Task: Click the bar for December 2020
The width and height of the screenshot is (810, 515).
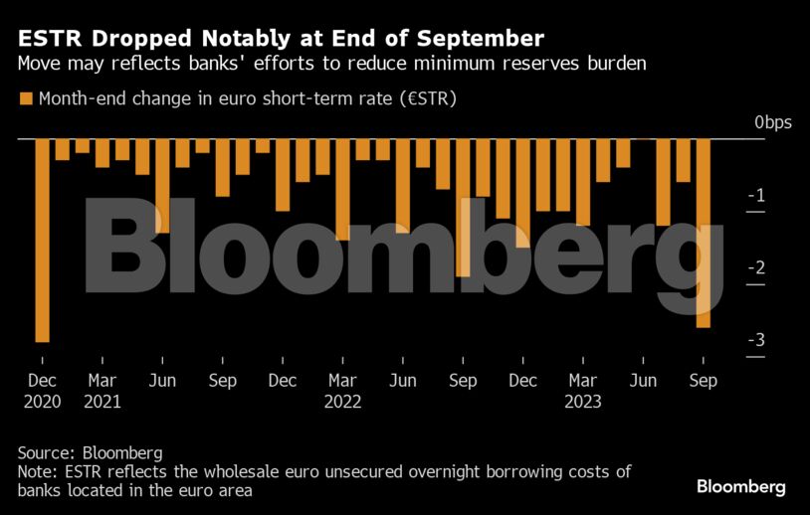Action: pyautogui.click(x=42, y=240)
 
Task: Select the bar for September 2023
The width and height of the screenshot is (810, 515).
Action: pyautogui.click(x=704, y=233)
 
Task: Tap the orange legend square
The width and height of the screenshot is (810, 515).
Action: pyautogui.click(x=25, y=98)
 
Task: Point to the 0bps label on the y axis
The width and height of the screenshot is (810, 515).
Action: pyautogui.click(x=772, y=122)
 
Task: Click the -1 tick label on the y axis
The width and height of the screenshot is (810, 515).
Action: pyautogui.click(x=756, y=195)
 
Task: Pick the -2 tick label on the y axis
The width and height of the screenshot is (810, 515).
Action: pyautogui.click(x=756, y=267)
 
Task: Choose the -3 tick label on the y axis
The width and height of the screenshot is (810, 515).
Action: pyautogui.click(x=756, y=340)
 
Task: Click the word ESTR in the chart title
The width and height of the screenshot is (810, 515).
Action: pyautogui.click(x=47, y=40)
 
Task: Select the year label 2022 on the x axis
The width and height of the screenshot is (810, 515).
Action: pyautogui.click(x=342, y=403)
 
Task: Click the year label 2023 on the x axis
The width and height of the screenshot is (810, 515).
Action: pyautogui.click(x=582, y=403)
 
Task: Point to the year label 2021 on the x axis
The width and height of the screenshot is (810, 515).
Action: pyautogui.click(x=102, y=403)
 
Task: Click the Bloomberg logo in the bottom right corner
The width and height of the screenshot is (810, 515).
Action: pyautogui.click(x=740, y=487)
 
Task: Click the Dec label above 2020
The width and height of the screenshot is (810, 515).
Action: pyautogui.click(x=42, y=381)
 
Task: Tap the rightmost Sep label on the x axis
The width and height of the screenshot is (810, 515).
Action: pyautogui.click(x=703, y=381)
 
